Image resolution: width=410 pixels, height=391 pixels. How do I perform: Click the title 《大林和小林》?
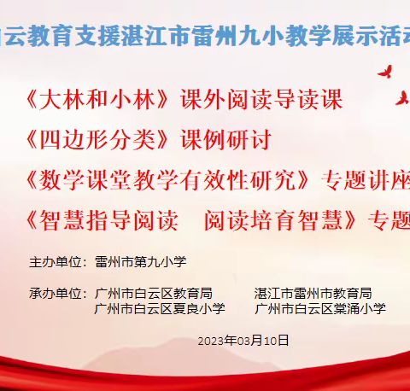point(101,100)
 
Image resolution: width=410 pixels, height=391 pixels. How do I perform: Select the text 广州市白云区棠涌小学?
point(320,308)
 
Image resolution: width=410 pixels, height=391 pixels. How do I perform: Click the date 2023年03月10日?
point(243,340)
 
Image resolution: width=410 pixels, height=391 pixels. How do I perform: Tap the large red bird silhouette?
point(386,70)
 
